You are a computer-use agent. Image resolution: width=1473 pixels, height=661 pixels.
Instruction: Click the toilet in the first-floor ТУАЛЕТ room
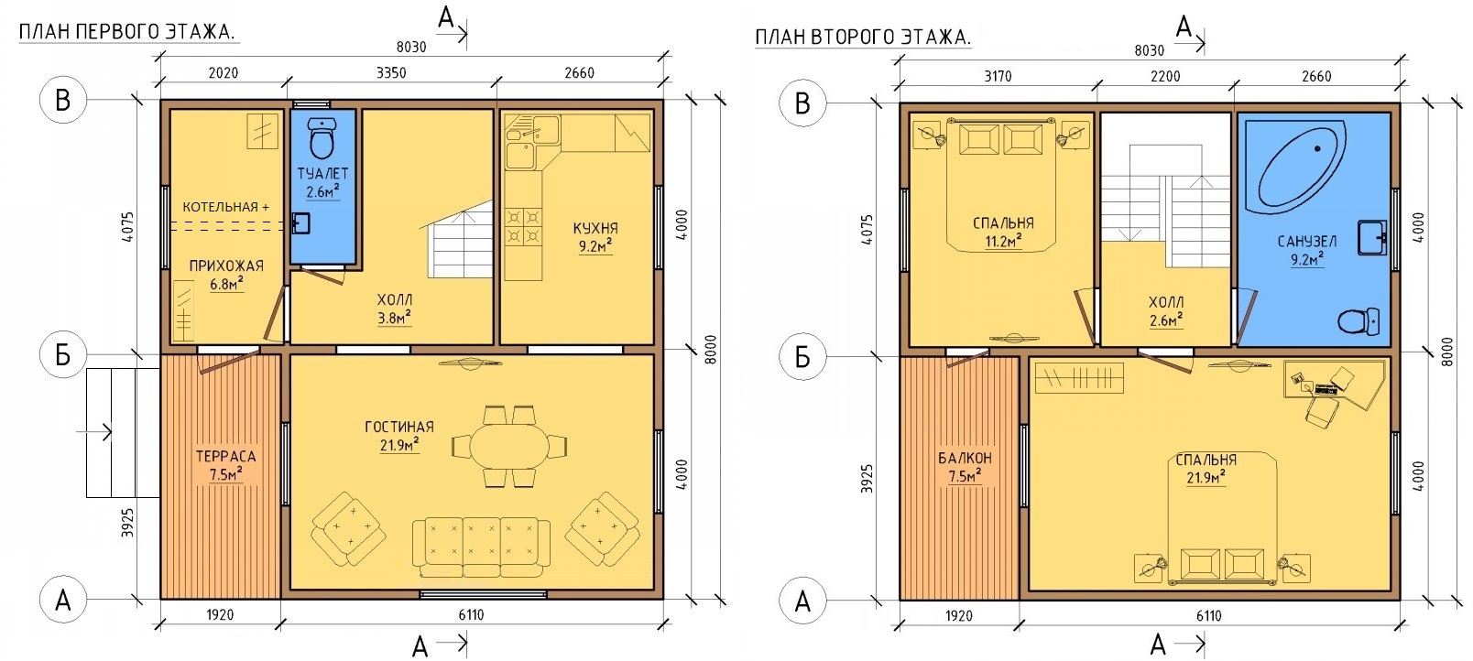(322, 137)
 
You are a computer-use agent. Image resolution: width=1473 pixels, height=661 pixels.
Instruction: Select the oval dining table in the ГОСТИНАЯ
(509, 446)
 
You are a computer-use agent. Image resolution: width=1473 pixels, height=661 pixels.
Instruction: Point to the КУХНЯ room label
(595, 229)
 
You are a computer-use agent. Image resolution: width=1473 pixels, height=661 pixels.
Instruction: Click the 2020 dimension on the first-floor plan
(223, 73)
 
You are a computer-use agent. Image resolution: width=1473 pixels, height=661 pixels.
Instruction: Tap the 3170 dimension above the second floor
(998, 76)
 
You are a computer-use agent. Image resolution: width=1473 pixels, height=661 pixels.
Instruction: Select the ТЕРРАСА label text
(225, 457)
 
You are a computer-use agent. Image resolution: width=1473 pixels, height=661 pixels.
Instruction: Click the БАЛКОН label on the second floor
(965, 458)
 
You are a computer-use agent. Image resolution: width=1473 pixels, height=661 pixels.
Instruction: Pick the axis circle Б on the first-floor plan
(62, 355)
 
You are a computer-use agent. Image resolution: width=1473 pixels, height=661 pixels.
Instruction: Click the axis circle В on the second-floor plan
(802, 103)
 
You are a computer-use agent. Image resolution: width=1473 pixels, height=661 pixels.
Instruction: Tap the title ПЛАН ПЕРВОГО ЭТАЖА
(127, 31)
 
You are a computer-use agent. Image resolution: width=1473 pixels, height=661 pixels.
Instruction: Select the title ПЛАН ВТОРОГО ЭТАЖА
(863, 37)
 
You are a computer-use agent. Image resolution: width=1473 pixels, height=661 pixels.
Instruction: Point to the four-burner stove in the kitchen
(523, 226)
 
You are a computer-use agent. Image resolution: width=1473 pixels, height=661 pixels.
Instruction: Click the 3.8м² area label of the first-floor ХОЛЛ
(394, 319)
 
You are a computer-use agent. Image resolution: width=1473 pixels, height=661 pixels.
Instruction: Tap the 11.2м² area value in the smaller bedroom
(1003, 241)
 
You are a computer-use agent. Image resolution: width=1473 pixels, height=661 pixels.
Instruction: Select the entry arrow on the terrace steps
(94, 432)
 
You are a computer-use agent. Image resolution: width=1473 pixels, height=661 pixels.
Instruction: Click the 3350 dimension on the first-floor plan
(391, 73)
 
